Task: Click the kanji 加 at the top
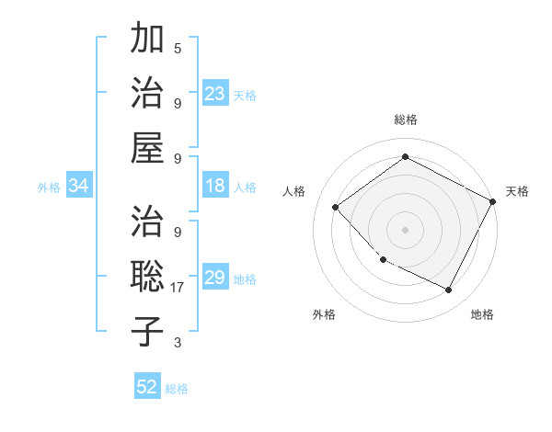coord(147,40)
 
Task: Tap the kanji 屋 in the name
coord(147,147)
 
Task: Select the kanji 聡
coord(147,275)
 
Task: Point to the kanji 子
coord(147,330)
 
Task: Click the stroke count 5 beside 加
coord(178,48)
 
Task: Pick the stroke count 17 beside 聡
coord(178,287)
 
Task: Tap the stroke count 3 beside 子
coord(178,343)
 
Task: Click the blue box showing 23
coord(214,94)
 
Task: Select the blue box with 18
coord(214,186)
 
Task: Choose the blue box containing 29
coord(214,278)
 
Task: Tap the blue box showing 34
coord(78,186)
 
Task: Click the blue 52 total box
coord(147,387)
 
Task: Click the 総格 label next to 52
coord(177,389)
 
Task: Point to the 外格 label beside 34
coord(49,188)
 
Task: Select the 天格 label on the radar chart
coord(517,191)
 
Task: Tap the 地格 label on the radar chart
coord(482,314)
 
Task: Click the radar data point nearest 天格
coord(493,201)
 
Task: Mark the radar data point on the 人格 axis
coord(336,207)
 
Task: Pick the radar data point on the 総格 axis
coord(405,157)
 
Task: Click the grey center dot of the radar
coord(405,229)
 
